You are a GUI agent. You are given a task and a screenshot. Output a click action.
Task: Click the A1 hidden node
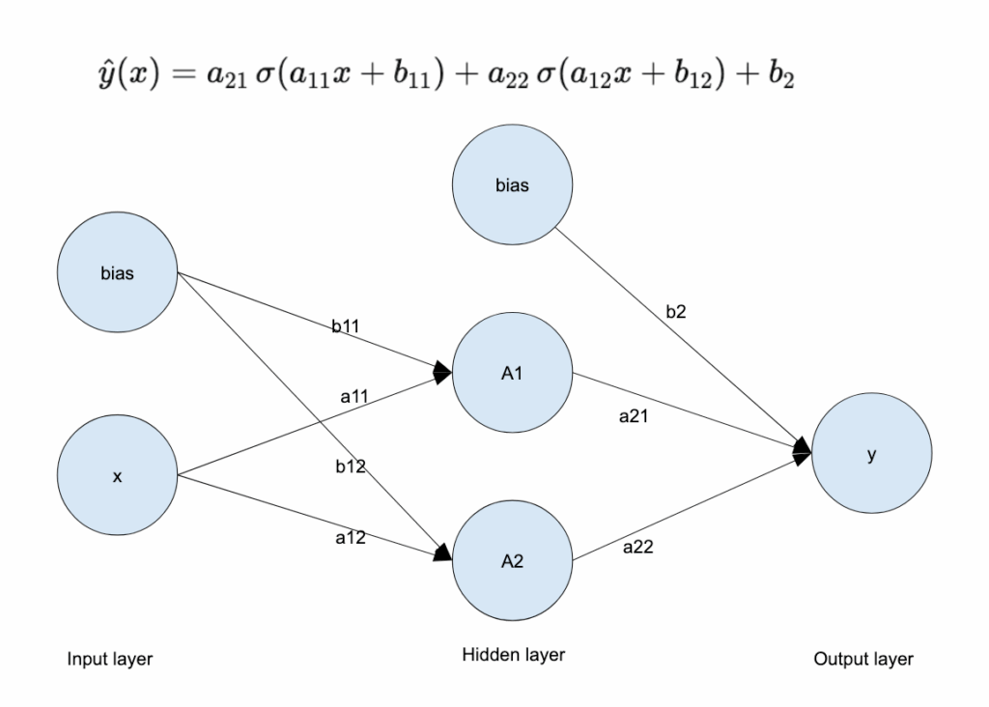coord(513,374)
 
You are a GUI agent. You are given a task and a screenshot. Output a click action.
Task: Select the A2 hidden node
coord(513,562)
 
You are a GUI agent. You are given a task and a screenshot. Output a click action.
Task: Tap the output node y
coord(871,456)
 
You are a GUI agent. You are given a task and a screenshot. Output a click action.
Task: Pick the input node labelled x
coord(118,475)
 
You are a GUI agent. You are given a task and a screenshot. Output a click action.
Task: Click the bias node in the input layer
coord(118,272)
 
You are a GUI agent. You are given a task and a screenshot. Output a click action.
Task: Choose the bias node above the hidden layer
coord(513,185)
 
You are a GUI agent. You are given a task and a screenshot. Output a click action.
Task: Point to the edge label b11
coord(347,327)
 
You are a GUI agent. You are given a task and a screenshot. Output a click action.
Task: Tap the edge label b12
coord(350,467)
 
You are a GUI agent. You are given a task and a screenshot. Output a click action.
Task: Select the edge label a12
coord(350,538)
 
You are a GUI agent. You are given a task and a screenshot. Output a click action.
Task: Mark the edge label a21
coord(635,417)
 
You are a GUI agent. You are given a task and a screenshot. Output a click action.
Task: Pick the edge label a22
coord(638,547)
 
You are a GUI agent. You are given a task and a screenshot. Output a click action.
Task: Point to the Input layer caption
coord(110,660)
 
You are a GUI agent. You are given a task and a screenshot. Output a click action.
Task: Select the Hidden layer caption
coord(513,655)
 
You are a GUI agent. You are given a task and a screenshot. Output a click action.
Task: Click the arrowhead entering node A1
coord(443,370)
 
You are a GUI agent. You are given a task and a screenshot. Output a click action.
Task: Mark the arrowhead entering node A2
coord(443,553)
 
